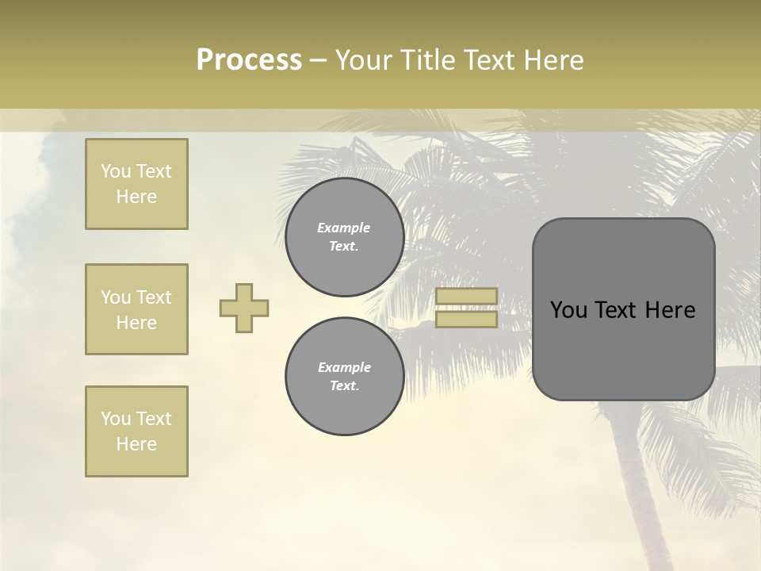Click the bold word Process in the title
249,60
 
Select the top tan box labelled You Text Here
136,184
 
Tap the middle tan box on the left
136,309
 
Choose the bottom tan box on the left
136,431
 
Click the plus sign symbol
244,308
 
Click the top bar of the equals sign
466,297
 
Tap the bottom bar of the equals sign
466,320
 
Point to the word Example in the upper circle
344,228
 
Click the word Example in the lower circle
344,367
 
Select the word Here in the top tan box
136,197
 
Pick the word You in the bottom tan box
116,419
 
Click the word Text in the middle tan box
154,297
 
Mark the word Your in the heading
363,60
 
